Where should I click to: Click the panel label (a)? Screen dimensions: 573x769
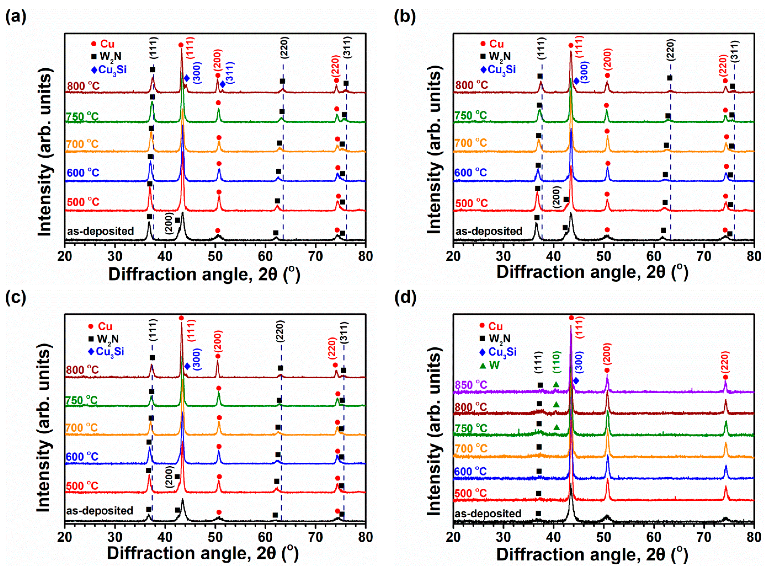point(16,17)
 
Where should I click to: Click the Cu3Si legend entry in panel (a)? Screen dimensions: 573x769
point(109,70)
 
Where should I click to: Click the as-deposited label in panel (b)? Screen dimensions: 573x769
point(489,231)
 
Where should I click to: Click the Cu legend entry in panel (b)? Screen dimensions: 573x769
point(493,44)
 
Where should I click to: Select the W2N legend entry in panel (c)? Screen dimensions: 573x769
point(104,339)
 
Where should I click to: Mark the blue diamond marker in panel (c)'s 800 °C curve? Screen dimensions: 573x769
point(187,366)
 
